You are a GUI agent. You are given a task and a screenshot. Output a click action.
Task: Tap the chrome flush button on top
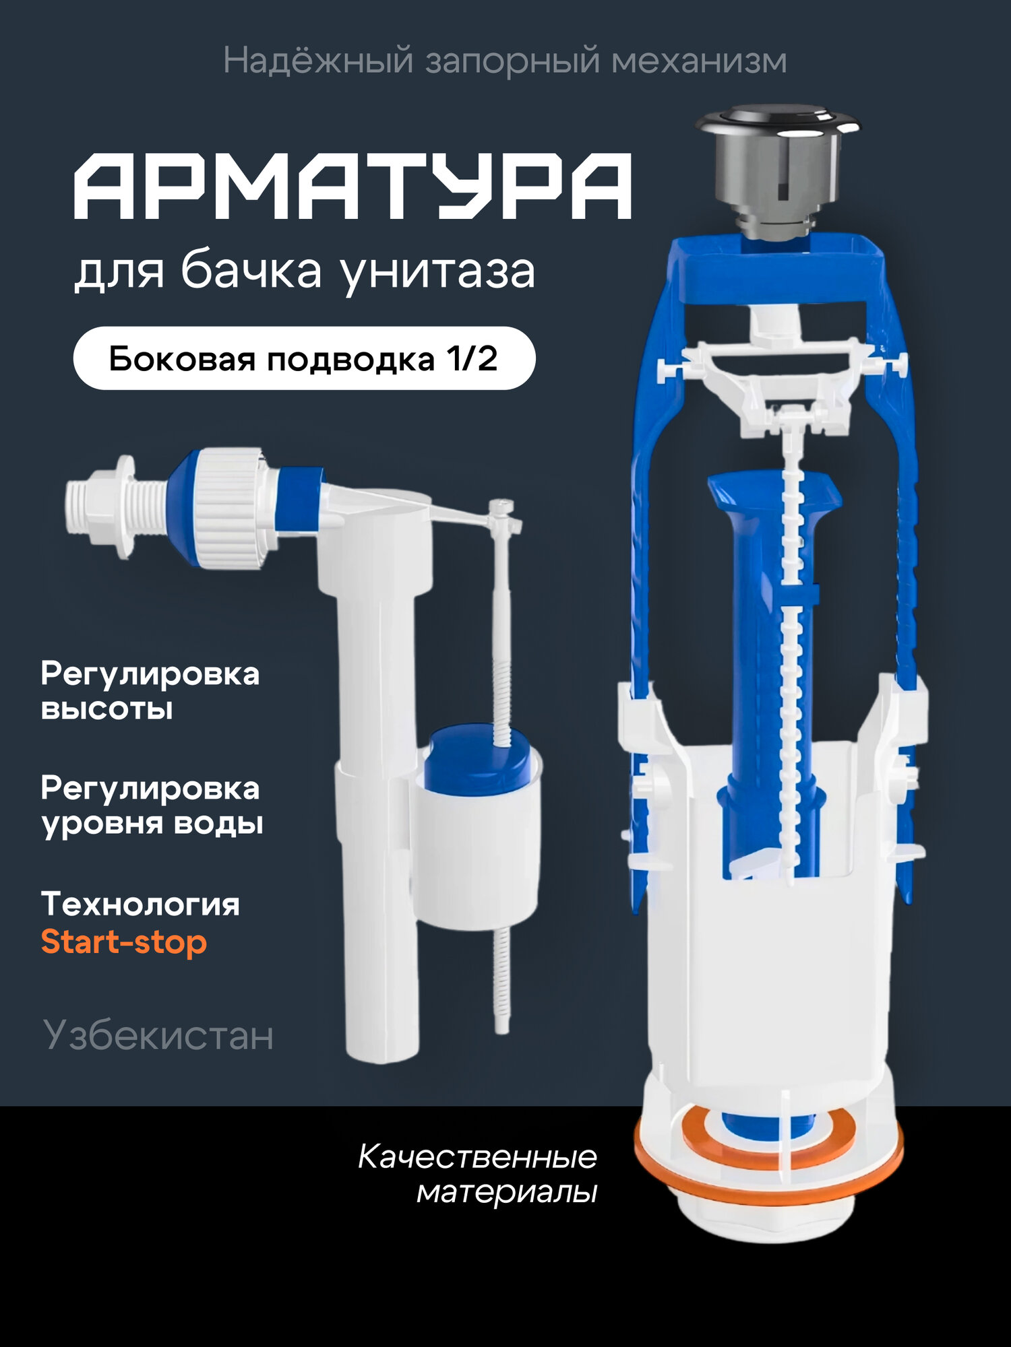(777, 126)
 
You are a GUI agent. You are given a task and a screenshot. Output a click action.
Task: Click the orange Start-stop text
(123, 942)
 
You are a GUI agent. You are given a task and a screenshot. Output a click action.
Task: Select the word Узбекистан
(158, 1035)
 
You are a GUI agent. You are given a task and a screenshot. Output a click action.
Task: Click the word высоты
(106, 709)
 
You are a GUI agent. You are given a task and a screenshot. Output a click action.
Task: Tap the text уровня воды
(152, 824)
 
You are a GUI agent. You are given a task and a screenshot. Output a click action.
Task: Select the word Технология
(140, 904)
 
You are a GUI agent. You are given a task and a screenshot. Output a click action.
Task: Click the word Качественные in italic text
(477, 1157)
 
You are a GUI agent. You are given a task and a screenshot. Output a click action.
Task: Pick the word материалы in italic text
(507, 1193)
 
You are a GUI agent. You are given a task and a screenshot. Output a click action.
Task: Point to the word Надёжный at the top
(317, 61)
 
